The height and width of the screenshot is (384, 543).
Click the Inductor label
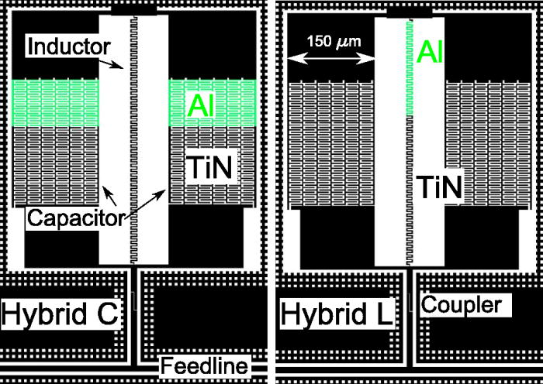click(68, 46)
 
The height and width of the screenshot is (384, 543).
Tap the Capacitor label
click(75, 218)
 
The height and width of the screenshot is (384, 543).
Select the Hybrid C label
click(61, 314)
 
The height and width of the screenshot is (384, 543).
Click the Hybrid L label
click(337, 314)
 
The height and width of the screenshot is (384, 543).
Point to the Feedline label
click(205, 366)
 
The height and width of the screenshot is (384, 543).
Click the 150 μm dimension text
click(334, 42)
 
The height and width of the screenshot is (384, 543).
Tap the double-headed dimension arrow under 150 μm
click(331, 60)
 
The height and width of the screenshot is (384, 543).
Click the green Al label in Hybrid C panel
click(201, 105)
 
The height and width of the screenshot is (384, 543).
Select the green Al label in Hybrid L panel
click(430, 52)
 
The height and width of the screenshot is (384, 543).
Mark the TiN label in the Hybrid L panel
click(439, 187)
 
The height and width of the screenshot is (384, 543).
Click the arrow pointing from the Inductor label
click(111, 63)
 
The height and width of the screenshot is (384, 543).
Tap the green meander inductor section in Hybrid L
click(410, 68)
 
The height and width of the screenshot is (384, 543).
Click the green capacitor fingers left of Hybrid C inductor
click(55, 103)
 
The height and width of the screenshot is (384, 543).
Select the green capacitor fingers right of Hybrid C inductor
click(212, 103)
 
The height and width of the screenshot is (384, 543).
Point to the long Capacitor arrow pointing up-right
click(145, 204)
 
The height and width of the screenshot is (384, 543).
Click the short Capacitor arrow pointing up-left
click(109, 196)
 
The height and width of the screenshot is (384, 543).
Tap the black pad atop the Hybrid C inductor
click(133, 10)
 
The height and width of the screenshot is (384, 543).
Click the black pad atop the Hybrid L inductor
click(410, 12)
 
